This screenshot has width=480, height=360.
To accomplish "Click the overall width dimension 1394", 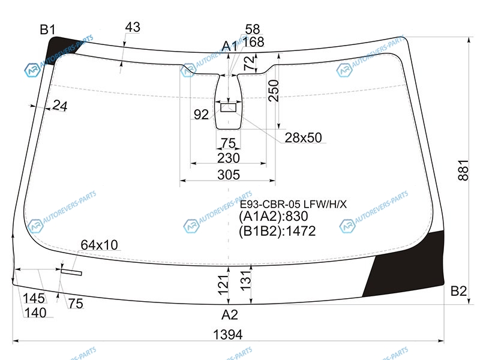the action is tap(228, 334).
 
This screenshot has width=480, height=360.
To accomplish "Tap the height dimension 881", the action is tap(463, 170).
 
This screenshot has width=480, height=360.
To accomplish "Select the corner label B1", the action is tap(48, 29).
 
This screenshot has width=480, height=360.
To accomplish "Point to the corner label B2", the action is tap(458, 291).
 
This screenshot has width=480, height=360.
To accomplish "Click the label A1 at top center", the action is tap(230, 46).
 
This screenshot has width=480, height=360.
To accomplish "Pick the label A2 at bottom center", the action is tap(230, 314).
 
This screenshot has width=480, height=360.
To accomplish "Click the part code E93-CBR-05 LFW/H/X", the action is tap(293, 204).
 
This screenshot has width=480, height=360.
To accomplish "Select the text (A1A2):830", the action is tap(274, 217).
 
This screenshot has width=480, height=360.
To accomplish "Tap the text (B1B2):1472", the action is tap(277, 231).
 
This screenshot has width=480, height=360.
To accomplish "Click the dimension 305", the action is tap(229, 175).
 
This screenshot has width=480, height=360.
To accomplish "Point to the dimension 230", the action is tap(229, 158).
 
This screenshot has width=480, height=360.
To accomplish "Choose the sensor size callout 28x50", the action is tap(304, 138).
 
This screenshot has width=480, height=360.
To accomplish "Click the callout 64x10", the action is tap(99, 245).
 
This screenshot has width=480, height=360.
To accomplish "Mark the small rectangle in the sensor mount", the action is tap(229, 107).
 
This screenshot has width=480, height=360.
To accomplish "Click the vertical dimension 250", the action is tap(274, 91).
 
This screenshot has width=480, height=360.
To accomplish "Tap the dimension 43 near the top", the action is tap(133, 27).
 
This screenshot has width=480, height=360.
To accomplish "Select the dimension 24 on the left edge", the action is tap(60, 106).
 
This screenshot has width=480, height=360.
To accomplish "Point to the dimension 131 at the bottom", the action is tap(245, 281).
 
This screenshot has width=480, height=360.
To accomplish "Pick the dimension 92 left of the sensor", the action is tap(201, 115).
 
